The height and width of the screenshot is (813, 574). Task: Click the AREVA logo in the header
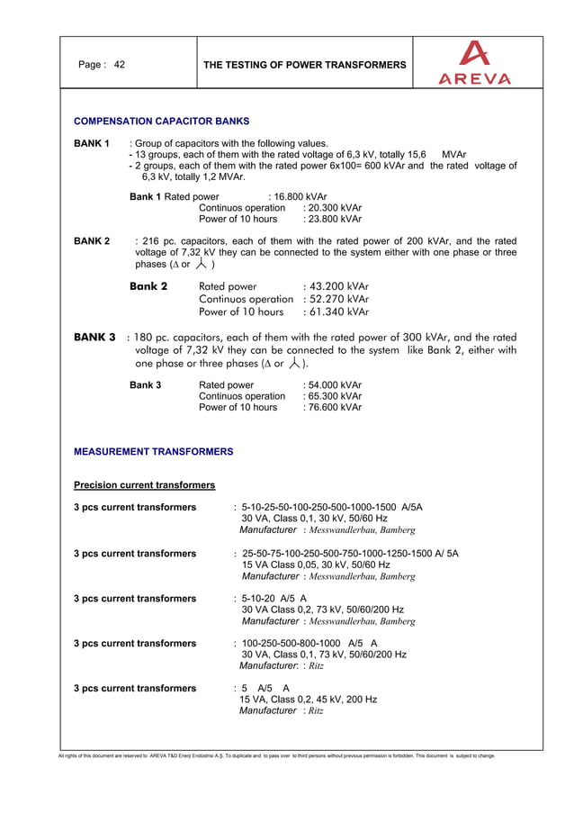coord(474,64)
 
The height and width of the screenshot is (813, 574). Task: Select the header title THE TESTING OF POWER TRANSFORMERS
coord(305,65)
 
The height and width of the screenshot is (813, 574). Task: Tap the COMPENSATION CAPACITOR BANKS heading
coord(161,120)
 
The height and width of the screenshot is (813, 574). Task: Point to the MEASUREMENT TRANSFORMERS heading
coord(153,451)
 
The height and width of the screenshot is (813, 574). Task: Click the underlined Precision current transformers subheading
coord(144,485)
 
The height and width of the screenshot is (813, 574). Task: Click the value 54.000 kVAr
coord(335,384)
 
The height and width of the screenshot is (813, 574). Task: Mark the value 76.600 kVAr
coord(335,407)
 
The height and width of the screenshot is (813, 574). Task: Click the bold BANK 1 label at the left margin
coord(92,143)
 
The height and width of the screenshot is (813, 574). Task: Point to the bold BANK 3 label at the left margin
coord(94,337)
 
